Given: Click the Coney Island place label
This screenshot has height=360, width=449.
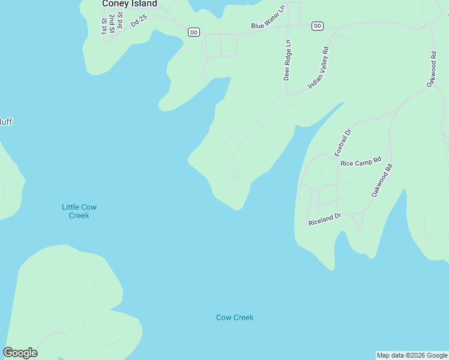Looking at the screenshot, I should [x=130, y=4].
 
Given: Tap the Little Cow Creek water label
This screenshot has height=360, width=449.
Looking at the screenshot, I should [x=79, y=211].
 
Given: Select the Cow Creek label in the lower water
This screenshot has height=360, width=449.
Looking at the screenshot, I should [x=235, y=317].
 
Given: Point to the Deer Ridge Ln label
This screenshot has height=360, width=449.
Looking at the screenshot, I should [x=287, y=61].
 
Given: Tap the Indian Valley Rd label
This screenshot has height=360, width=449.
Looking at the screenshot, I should [x=319, y=68].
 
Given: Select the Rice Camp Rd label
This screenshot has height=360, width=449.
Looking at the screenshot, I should [x=361, y=162].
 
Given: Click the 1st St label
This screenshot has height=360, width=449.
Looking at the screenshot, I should [x=104, y=25].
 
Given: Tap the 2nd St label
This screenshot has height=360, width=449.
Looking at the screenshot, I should [x=112, y=25].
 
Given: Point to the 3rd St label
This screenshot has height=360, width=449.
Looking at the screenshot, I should [x=120, y=25].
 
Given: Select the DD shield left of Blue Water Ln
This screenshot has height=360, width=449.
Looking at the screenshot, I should [x=193, y=32].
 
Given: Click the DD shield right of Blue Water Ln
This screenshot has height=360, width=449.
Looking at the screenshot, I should [x=318, y=26].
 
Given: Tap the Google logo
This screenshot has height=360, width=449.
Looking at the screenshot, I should [x=20, y=353].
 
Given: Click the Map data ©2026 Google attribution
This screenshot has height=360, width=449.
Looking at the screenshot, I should [x=412, y=355].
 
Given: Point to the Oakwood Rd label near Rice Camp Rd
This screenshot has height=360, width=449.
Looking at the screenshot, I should [x=382, y=181].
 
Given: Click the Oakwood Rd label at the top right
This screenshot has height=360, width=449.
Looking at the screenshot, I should [x=432, y=70].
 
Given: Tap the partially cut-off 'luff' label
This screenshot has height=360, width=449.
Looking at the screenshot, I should [x=5, y=122].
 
